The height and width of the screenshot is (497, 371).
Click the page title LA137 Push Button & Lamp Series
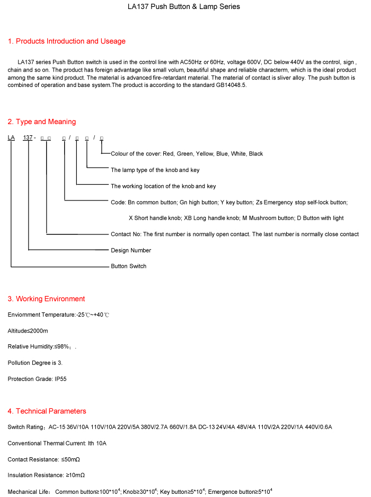(184, 7)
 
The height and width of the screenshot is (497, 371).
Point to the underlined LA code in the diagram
(11, 138)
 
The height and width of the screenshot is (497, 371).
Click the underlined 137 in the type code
(28, 138)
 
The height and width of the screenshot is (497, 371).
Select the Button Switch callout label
(128, 266)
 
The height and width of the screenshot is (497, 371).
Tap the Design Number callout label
(131, 250)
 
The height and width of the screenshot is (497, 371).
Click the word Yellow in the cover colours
(205, 154)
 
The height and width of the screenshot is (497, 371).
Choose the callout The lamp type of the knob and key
(155, 170)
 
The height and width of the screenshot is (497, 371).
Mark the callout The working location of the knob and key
(163, 186)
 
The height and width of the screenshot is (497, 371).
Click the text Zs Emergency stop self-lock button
(302, 203)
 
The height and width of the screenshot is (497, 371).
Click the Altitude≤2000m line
(28, 331)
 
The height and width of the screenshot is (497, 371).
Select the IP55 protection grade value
(60, 379)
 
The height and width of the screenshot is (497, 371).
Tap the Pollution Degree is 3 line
(39, 363)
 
